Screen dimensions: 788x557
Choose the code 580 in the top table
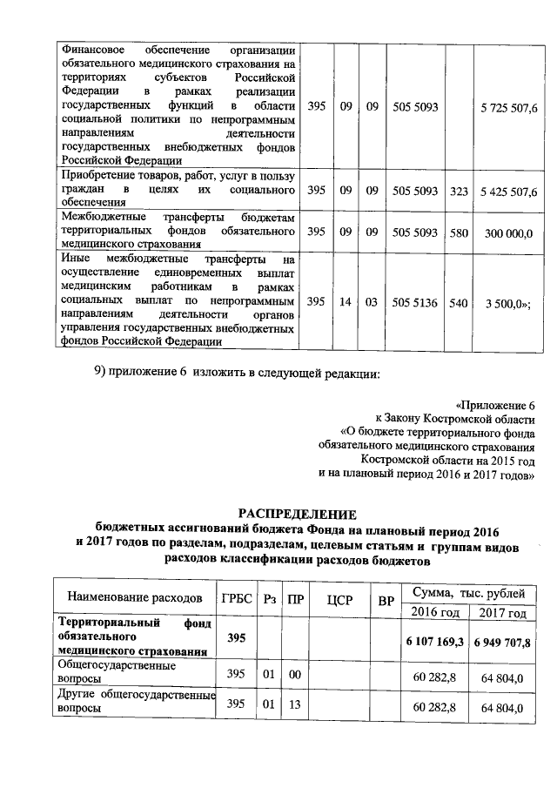coord(460,233)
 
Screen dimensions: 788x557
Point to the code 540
coord(460,301)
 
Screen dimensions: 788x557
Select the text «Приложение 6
coord(494,404)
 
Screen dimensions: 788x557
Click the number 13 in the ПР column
coord(296,704)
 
